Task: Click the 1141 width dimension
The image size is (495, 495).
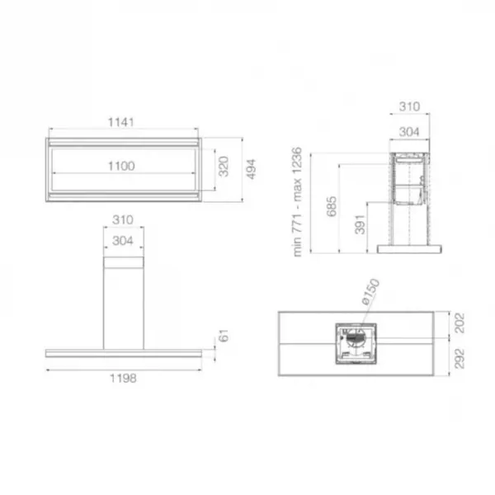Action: pyautogui.click(x=121, y=122)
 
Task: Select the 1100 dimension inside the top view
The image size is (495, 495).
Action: pyautogui.click(x=121, y=166)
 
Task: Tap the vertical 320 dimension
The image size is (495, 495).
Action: pyautogui.click(x=224, y=167)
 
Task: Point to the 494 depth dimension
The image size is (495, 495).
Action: pyautogui.click(x=251, y=169)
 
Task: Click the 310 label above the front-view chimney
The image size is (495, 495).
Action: pyautogui.click(x=123, y=219)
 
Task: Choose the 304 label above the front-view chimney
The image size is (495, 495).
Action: pyautogui.click(x=123, y=241)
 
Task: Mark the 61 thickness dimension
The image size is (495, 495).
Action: pyautogui.click(x=224, y=336)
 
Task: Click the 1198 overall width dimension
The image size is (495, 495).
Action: pyautogui.click(x=123, y=378)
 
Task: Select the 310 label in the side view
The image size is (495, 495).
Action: pyautogui.click(x=409, y=106)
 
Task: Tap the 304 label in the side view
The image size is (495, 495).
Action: pyautogui.click(x=409, y=132)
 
